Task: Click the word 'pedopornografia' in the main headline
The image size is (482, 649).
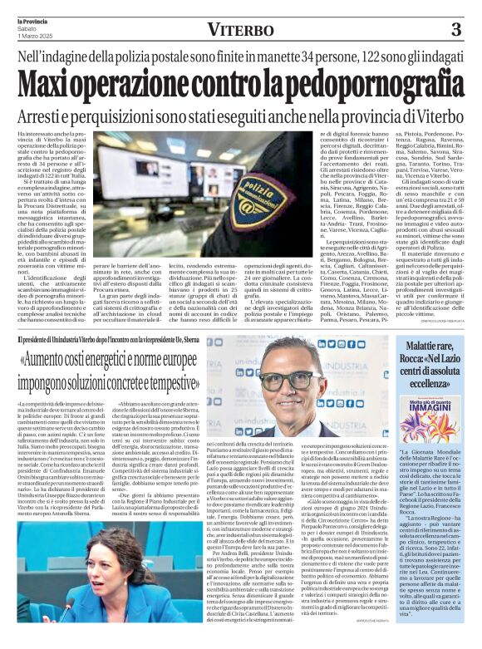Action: tap(374, 83)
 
